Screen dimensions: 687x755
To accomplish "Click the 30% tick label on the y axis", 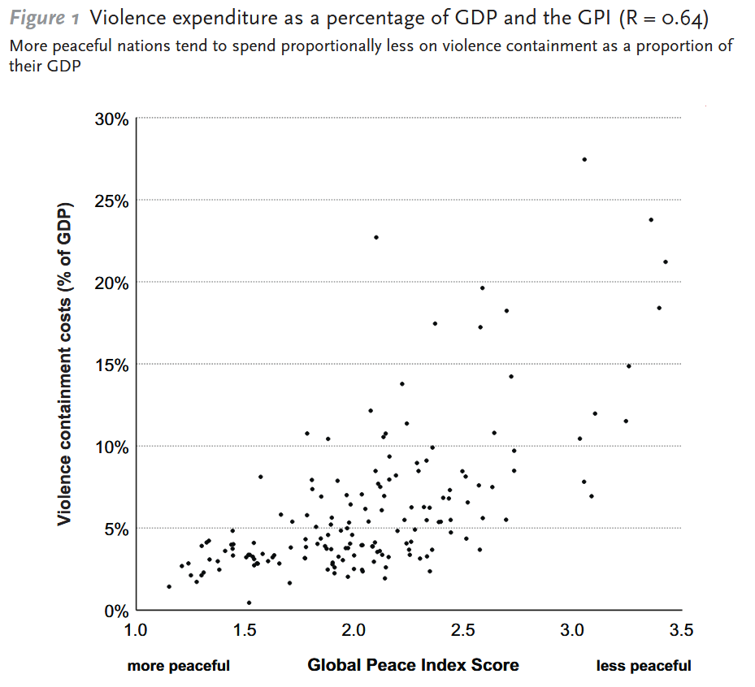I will point(111,119).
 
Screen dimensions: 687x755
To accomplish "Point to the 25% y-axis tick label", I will point(111,201).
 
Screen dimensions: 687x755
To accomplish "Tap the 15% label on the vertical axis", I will point(111,365).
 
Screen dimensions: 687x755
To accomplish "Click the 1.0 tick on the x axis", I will point(136,630).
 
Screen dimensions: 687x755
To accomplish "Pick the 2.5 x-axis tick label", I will point(463,630).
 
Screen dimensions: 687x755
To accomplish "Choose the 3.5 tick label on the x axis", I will point(681,630).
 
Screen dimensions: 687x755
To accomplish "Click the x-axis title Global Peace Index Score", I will point(413,665).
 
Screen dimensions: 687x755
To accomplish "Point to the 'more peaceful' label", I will point(179,666).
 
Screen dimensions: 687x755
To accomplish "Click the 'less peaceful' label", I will point(644,666).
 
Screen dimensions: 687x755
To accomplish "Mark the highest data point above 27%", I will point(584,159).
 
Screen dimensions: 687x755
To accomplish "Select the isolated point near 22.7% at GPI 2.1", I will point(376,237).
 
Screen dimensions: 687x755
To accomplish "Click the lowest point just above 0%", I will point(249,603).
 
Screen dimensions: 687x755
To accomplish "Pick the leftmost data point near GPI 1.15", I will point(169,586).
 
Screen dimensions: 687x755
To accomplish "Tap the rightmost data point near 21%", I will point(666,261).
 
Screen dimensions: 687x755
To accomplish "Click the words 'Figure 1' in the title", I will point(44,18).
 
